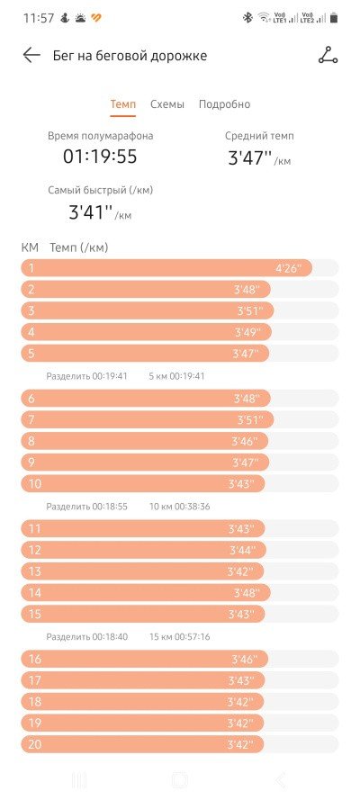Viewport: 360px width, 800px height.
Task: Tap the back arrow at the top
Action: [x=31, y=55]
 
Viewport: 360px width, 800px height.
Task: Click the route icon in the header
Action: [x=328, y=55]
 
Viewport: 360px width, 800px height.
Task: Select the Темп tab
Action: [x=123, y=104]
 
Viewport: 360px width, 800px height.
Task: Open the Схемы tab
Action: [x=167, y=104]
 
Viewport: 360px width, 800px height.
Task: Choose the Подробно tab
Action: [x=224, y=104]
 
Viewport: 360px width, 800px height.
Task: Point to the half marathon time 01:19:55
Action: [x=100, y=156]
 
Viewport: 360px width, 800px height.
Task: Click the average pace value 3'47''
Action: [x=249, y=157]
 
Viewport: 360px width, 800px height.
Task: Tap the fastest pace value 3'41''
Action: [x=90, y=211]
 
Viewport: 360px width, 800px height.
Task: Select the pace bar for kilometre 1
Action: [x=166, y=268]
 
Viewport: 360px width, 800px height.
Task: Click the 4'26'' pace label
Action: [x=289, y=268]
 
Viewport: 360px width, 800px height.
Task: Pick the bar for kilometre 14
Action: [x=145, y=592]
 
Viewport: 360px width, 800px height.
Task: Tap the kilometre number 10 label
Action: [x=35, y=483]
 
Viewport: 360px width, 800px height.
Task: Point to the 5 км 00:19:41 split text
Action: [x=176, y=376]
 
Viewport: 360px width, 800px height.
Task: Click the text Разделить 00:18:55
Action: [x=86, y=507]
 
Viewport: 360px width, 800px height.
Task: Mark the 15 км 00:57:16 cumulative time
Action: [x=179, y=637]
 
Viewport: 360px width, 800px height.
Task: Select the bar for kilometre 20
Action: [x=143, y=744]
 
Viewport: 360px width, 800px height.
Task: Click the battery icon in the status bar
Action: [x=334, y=18]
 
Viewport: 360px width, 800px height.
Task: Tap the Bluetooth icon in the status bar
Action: [x=247, y=18]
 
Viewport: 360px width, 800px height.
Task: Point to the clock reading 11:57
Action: [x=39, y=18]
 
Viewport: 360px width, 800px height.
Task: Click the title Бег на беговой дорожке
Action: [x=130, y=56]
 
